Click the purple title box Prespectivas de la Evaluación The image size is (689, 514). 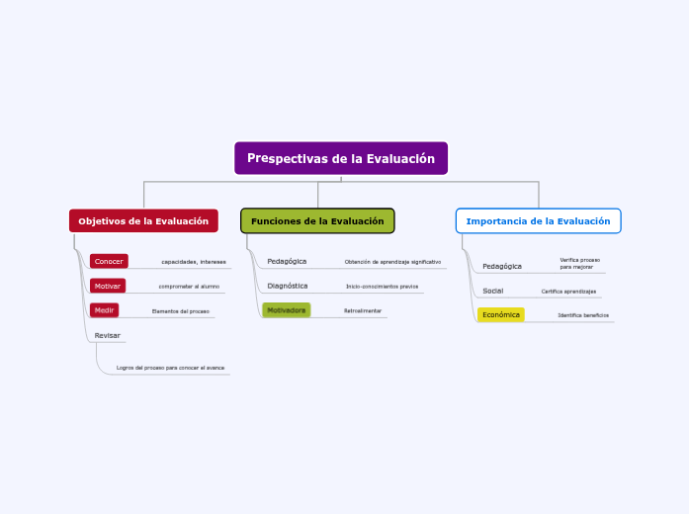pos(341,158)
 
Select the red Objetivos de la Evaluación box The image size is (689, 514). pos(143,220)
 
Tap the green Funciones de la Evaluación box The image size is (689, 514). pos(317,220)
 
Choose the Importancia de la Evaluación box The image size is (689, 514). pos(538,220)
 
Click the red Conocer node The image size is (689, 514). pos(109,261)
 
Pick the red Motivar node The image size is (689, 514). pos(108,286)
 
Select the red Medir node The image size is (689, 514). pos(105,310)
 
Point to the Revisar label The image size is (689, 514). pos(107,335)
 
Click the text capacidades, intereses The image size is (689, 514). pos(194,262)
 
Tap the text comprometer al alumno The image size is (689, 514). pos(189,287)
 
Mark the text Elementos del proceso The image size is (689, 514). pos(180,311)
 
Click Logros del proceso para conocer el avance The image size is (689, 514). pos(170,368)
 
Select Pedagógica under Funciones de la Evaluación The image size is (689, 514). pos(287,261)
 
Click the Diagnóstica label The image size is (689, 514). pos(288,286)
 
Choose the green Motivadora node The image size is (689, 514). pos(287,310)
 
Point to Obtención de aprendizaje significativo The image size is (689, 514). pos(392,262)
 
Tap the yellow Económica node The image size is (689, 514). pos(501,314)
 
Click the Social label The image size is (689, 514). pos(493,291)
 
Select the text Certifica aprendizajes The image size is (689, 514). pos(568,292)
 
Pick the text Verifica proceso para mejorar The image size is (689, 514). pos(579,263)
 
